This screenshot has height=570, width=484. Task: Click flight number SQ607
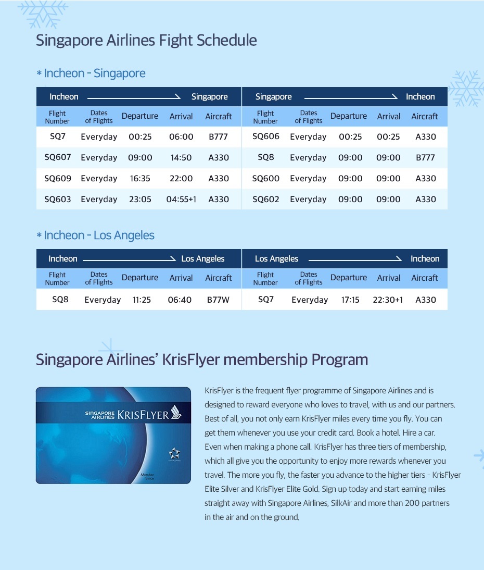(57, 157)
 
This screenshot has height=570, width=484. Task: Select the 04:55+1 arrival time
(181, 199)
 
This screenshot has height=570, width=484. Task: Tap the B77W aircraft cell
(218, 300)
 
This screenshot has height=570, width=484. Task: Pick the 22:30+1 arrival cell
(388, 300)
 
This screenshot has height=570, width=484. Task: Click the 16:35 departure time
(140, 178)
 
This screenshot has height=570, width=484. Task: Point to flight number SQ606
(265, 137)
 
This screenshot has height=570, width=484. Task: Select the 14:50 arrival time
(181, 157)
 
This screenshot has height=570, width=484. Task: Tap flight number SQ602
(265, 199)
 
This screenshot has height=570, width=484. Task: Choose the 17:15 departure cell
(350, 300)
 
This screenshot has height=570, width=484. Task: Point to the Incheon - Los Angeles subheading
(99, 236)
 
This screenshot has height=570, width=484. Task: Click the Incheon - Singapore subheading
(94, 73)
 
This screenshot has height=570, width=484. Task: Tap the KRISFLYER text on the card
(143, 415)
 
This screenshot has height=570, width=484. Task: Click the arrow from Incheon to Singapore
(134, 97)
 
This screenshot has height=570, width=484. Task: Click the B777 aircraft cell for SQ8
(425, 157)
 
